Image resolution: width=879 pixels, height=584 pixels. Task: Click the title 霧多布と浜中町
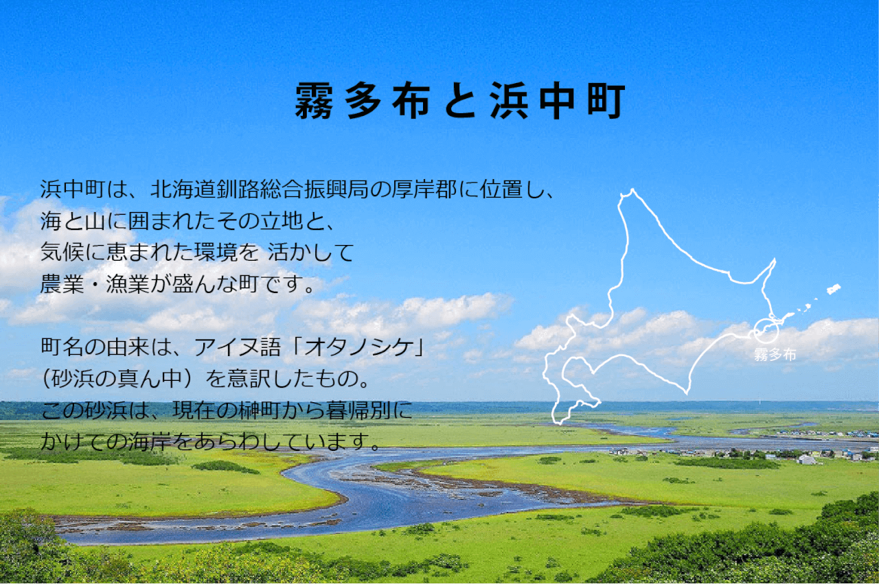[x=460, y=100]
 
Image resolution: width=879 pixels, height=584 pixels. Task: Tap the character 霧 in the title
[x=314, y=100]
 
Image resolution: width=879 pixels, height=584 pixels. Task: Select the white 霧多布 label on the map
[x=775, y=355]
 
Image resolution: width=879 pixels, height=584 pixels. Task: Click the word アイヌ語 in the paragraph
[x=238, y=347]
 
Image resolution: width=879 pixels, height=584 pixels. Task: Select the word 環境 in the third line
[x=216, y=252]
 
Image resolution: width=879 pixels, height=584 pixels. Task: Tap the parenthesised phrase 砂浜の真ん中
[x=117, y=379]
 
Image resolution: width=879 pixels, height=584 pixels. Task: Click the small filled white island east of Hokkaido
[x=834, y=289]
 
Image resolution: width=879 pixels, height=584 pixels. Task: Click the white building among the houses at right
[x=807, y=459]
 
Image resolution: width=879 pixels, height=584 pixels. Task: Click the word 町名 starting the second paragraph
[x=62, y=347]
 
